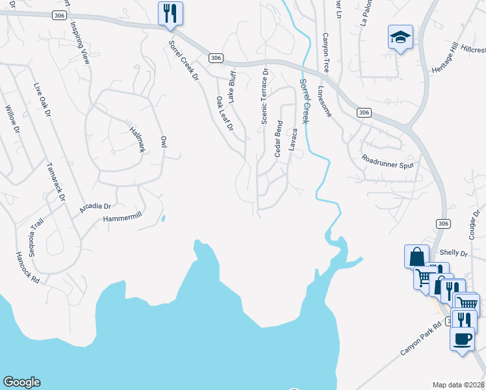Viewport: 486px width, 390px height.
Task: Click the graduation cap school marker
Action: (x=400, y=37)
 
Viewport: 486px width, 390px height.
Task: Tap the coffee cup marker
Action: (x=462, y=339)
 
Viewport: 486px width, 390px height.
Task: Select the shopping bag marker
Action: (x=416, y=257)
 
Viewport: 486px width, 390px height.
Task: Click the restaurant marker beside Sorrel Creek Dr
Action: (x=170, y=14)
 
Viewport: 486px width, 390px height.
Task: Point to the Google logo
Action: (x=21, y=382)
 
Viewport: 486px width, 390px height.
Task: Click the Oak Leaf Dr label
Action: (x=225, y=114)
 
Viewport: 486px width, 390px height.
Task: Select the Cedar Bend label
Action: (x=279, y=138)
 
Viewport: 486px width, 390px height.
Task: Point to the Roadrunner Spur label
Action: (x=388, y=161)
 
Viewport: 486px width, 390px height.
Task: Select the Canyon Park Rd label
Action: (x=421, y=341)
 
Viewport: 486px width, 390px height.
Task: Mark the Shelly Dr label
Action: (x=454, y=252)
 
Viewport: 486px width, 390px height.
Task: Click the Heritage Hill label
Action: (x=444, y=60)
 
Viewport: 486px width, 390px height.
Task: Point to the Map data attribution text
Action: (x=459, y=384)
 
